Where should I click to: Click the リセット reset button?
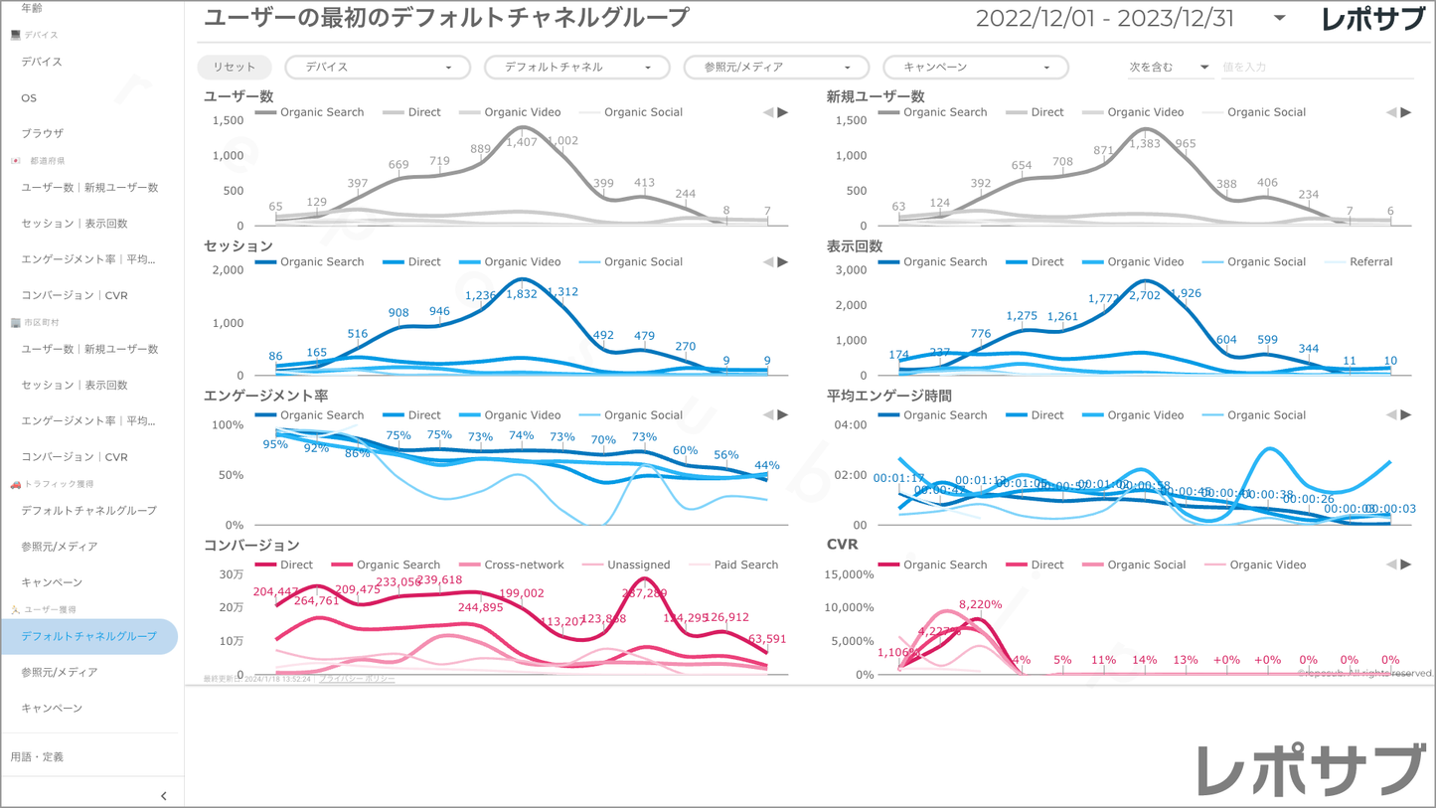235,67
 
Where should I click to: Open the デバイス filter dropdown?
378,67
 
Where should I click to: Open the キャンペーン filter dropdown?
975,67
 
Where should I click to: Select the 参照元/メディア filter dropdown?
776,67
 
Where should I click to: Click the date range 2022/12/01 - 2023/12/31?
1104,19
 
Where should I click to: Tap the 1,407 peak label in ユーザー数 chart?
522,142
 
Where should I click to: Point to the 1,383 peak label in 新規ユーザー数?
1145,144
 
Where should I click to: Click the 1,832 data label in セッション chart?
522,295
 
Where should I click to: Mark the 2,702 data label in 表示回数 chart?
1145,295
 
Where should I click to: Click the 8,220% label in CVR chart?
980,604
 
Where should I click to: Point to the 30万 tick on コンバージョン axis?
232,574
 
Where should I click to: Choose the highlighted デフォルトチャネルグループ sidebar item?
89,636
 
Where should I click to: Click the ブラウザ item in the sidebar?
43,133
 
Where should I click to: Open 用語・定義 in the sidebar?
37,757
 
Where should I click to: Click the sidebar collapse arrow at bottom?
164,796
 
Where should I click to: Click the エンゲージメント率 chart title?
265,396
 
